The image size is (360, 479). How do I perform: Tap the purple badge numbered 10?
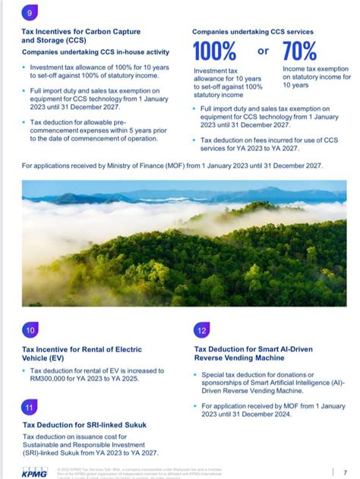30,330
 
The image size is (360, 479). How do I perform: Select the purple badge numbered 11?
30,407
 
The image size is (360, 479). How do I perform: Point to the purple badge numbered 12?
201,330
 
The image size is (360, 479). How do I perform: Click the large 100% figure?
214,52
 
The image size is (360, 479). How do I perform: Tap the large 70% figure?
299,52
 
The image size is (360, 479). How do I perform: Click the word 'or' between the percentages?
263,51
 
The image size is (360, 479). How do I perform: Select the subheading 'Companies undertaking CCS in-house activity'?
95,52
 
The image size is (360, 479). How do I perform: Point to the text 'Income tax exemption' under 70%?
316,68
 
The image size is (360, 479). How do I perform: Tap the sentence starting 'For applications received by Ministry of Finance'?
173,165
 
